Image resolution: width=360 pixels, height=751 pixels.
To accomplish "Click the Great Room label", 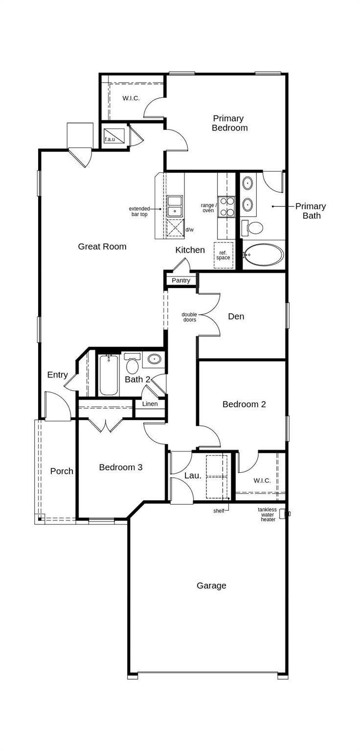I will point(102,246).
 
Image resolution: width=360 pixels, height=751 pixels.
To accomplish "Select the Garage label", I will point(211,585).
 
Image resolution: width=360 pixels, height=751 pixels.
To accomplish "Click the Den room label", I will point(236,316).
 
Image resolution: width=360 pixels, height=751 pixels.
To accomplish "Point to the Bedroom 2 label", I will point(244,404).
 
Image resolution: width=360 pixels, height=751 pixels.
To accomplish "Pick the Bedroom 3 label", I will point(121,467).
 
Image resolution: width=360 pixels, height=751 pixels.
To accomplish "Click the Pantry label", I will point(181,281).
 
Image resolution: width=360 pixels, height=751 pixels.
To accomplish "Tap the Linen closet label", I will point(150,404).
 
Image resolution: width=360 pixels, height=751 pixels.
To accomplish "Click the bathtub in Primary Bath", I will point(264,255).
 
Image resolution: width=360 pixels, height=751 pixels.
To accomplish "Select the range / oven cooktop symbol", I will point(227,206).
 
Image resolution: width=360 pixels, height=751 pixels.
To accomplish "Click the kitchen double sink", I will point(174,206).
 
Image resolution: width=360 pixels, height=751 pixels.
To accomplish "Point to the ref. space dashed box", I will point(223,255).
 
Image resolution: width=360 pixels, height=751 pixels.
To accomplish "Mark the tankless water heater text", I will point(268,514).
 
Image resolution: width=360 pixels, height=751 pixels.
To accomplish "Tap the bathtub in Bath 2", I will point(109,375).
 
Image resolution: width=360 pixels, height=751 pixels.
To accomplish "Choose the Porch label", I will point(62,471).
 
